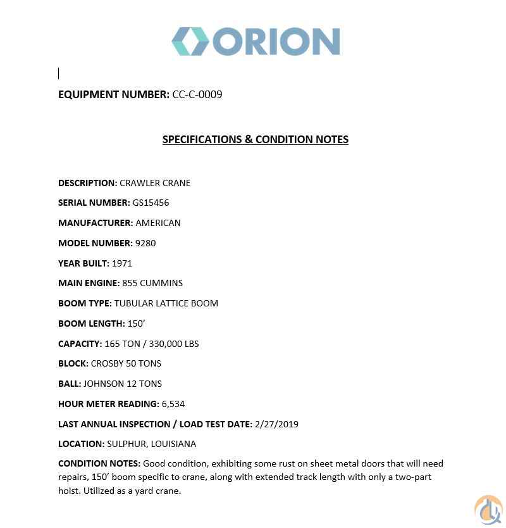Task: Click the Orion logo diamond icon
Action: [x=190, y=42]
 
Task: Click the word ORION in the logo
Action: [x=276, y=42]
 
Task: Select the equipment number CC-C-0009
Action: [x=197, y=94]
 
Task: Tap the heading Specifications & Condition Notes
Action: [x=255, y=139]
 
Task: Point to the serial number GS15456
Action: [x=151, y=203]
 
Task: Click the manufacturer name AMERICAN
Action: [x=158, y=223]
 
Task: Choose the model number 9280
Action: [x=145, y=243]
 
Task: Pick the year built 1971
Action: [x=122, y=263]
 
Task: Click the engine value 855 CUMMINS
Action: [x=152, y=283]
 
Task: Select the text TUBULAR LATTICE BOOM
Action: [x=166, y=303]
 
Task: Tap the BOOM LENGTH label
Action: [x=91, y=324]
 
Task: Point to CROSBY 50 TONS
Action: [x=126, y=363]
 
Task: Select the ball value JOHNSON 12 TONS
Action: [x=123, y=384]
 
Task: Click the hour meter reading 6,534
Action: [x=173, y=404]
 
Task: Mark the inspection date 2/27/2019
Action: [x=276, y=424]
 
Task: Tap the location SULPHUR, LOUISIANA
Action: [x=152, y=444]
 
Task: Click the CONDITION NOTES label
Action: [x=99, y=463]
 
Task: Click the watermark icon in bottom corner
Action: [x=488, y=510]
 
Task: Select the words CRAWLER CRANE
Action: [x=155, y=183]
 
